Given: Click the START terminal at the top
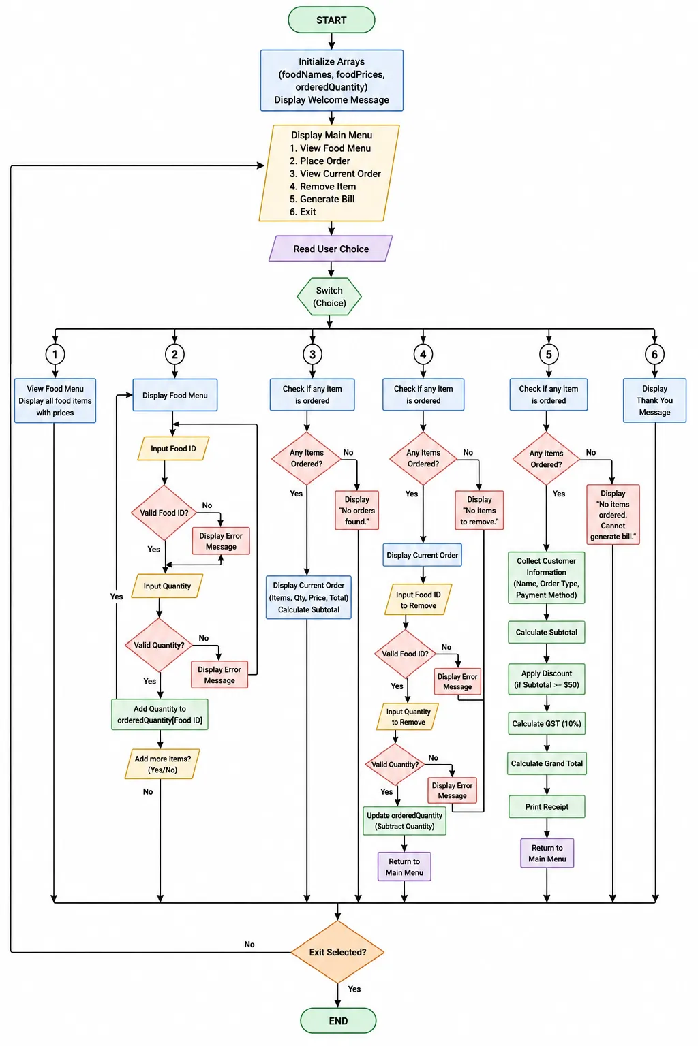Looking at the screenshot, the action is point(331,20).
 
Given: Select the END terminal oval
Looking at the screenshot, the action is point(338,1020).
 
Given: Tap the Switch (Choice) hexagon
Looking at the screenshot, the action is point(329,296).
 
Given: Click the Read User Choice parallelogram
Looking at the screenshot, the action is point(331,249).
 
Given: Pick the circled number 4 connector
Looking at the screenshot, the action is point(423,354).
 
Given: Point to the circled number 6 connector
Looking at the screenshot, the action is point(654,354).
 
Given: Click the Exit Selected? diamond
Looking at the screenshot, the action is point(337,951).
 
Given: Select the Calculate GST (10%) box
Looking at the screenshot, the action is point(547,723).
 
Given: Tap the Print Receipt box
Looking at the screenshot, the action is point(547,806).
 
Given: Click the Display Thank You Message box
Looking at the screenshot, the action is point(654,400).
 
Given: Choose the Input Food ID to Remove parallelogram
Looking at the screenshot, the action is point(418,599).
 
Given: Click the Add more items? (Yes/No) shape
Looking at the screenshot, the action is point(162,764).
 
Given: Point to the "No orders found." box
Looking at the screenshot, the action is point(356,510).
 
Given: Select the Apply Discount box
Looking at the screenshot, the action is point(547,679).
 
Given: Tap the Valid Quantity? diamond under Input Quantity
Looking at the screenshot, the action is point(159,645).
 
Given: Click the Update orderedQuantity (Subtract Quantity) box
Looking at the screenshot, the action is point(404,821).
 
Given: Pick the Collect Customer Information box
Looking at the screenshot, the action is point(547,577).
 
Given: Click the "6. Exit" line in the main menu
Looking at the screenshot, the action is point(303,212).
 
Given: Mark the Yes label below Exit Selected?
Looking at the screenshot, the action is point(354,989).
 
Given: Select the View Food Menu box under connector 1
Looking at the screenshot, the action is point(55,400).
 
